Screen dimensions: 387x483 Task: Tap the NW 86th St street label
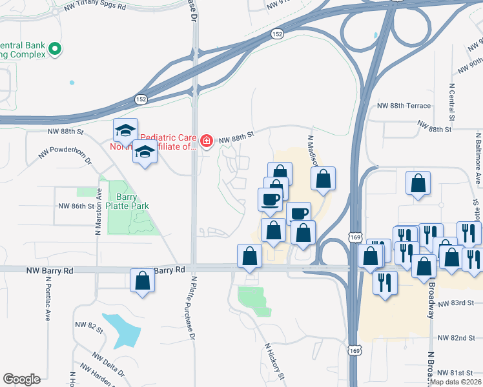pos(81,206)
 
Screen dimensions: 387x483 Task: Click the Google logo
pos(21,379)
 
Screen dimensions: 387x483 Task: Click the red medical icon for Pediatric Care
pos(207,141)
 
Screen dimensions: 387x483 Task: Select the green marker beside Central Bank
pos(56,48)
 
